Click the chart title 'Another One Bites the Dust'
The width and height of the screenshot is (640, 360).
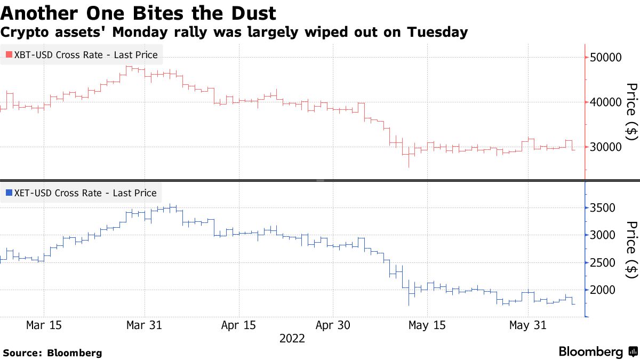click(138, 12)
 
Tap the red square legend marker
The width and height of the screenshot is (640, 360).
click(9, 55)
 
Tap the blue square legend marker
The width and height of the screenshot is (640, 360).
click(9, 193)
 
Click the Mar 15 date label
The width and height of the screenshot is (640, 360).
click(44, 325)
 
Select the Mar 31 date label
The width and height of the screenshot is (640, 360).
click(144, 325)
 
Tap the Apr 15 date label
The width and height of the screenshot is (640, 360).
click(238, 325)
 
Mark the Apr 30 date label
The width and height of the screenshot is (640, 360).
click(333, 325)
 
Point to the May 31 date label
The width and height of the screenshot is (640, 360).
click(528, 325)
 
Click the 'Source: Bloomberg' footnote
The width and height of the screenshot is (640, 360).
click(52, 353)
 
